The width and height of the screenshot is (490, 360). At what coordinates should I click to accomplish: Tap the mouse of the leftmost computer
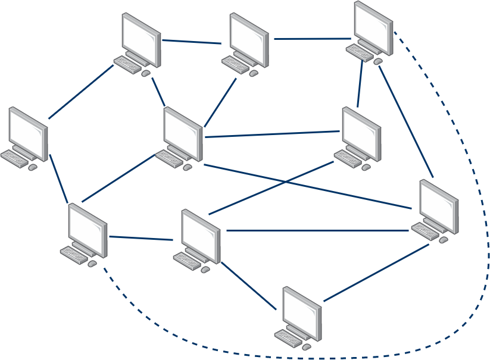tap(33, 167)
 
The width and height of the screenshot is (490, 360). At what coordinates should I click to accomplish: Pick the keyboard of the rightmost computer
tap(425, 231)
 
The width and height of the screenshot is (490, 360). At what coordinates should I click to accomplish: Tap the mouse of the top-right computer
tap(377, 61)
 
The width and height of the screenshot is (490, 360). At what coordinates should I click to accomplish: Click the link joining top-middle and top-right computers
tap(313, 39)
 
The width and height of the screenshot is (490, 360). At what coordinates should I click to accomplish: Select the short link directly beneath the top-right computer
tap(360, 83)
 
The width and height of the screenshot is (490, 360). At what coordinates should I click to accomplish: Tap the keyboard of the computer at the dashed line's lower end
tap(73, 256)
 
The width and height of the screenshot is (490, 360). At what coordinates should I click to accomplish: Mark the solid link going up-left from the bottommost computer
tap(249, 286)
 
